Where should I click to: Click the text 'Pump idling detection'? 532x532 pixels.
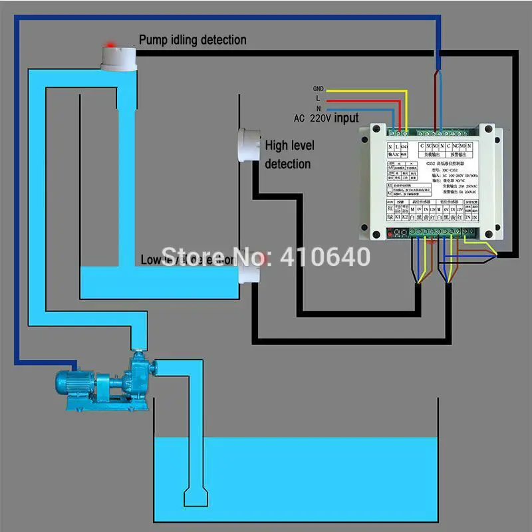[192, 40]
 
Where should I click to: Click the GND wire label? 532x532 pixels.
[318, 88]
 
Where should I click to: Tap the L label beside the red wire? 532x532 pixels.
[318, 98]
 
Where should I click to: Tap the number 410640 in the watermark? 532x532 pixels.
[326, 256]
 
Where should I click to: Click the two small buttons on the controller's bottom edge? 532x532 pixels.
[397, 233]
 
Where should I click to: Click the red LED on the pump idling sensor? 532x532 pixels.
[110, 45]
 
